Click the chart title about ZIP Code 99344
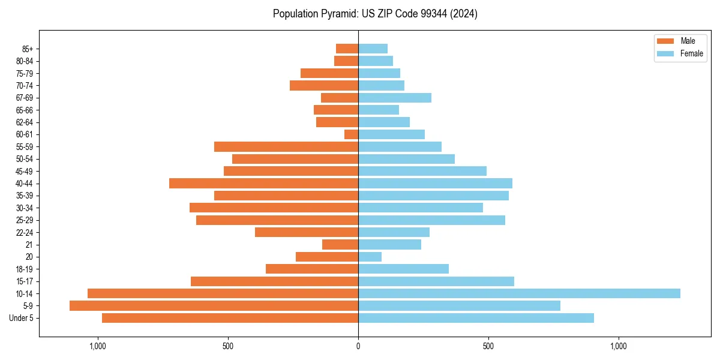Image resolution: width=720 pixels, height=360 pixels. click(x=375, y=14)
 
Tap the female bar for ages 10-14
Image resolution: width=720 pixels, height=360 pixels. click(x=519, y=293)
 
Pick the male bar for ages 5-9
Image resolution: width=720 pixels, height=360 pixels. click(x=214, y=305)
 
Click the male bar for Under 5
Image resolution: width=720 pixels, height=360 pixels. click(x=230, y=318)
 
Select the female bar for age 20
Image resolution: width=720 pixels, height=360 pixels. click(x=370, y=257)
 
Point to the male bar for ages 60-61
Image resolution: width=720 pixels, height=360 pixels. click(x=351, y=134)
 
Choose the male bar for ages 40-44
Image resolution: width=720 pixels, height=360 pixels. click(x=263, y=183)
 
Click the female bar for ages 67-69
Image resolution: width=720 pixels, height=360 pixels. click(x=395, y=98)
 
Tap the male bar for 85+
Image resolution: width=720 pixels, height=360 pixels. click(x=347, y=49)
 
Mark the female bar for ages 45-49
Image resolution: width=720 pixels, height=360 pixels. click(x=422, y=171)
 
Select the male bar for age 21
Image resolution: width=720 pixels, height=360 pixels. click(x=340, y=244)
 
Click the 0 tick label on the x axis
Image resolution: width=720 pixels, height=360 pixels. click(x=358, y=346)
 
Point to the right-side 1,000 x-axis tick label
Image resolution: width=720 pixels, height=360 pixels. click(x=618, y=346)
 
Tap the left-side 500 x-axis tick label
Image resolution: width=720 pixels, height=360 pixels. click(x=227, y=346)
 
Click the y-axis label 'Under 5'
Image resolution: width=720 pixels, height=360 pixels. click(x=21, y=318)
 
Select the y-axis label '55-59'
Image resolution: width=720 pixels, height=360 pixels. click(x=24, y=146)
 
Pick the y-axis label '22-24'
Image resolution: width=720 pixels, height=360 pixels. click(x=24, y=232)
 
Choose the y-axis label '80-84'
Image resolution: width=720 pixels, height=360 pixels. click(x=24, y=61)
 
